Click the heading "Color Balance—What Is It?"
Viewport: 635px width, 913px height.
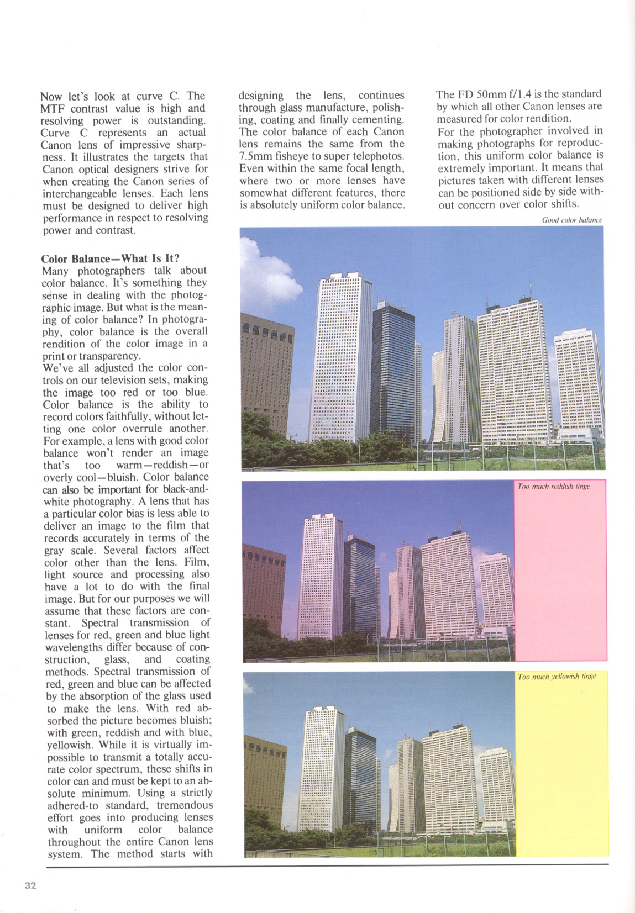click(111, 258)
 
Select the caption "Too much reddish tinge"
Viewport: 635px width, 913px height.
click(554, 486)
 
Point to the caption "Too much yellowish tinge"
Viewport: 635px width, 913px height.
click(557, 677)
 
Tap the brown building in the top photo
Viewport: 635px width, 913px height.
click(267, 370)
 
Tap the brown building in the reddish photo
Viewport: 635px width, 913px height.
click(264, 585)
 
